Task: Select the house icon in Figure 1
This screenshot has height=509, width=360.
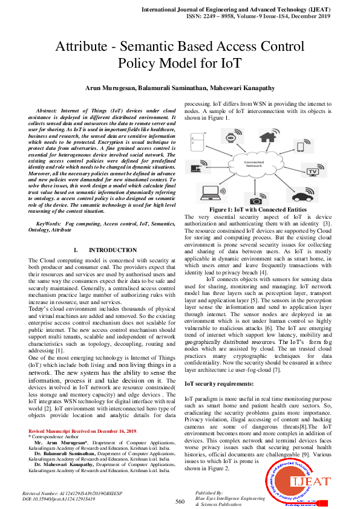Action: click(x=267, y=137)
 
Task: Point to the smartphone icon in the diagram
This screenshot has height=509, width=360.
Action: click(x=301, y=146)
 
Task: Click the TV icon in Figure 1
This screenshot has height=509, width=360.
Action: click(x=313, y=171)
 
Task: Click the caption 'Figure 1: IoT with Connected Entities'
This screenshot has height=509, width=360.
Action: click(x=258, y=210)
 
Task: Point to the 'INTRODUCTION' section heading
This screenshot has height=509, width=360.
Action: click(x=113, y=250)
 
